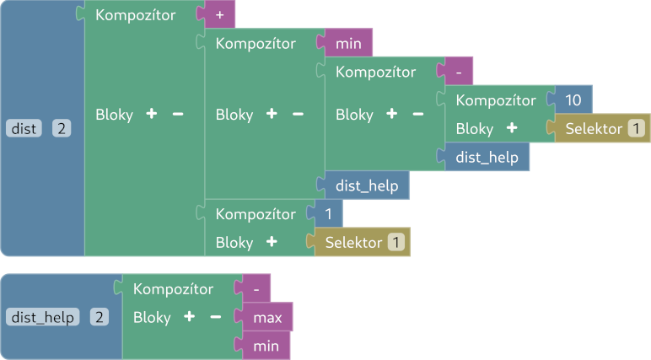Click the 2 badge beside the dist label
(62, 128)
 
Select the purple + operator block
(219, 14)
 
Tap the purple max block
(267, 318)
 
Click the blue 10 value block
(573, 100)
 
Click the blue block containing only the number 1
(328, 214)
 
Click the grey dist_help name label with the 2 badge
(42, 317)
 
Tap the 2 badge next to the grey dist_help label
(100, 317)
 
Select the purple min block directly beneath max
(266, 346)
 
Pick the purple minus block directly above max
(256, 288)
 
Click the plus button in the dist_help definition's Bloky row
(189, 318)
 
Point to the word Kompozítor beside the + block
(136, 14)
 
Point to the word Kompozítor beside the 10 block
(496, 100)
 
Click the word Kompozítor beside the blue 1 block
(256, 214)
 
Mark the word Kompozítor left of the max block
(174, 288)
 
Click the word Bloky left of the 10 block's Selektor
(474, 129)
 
